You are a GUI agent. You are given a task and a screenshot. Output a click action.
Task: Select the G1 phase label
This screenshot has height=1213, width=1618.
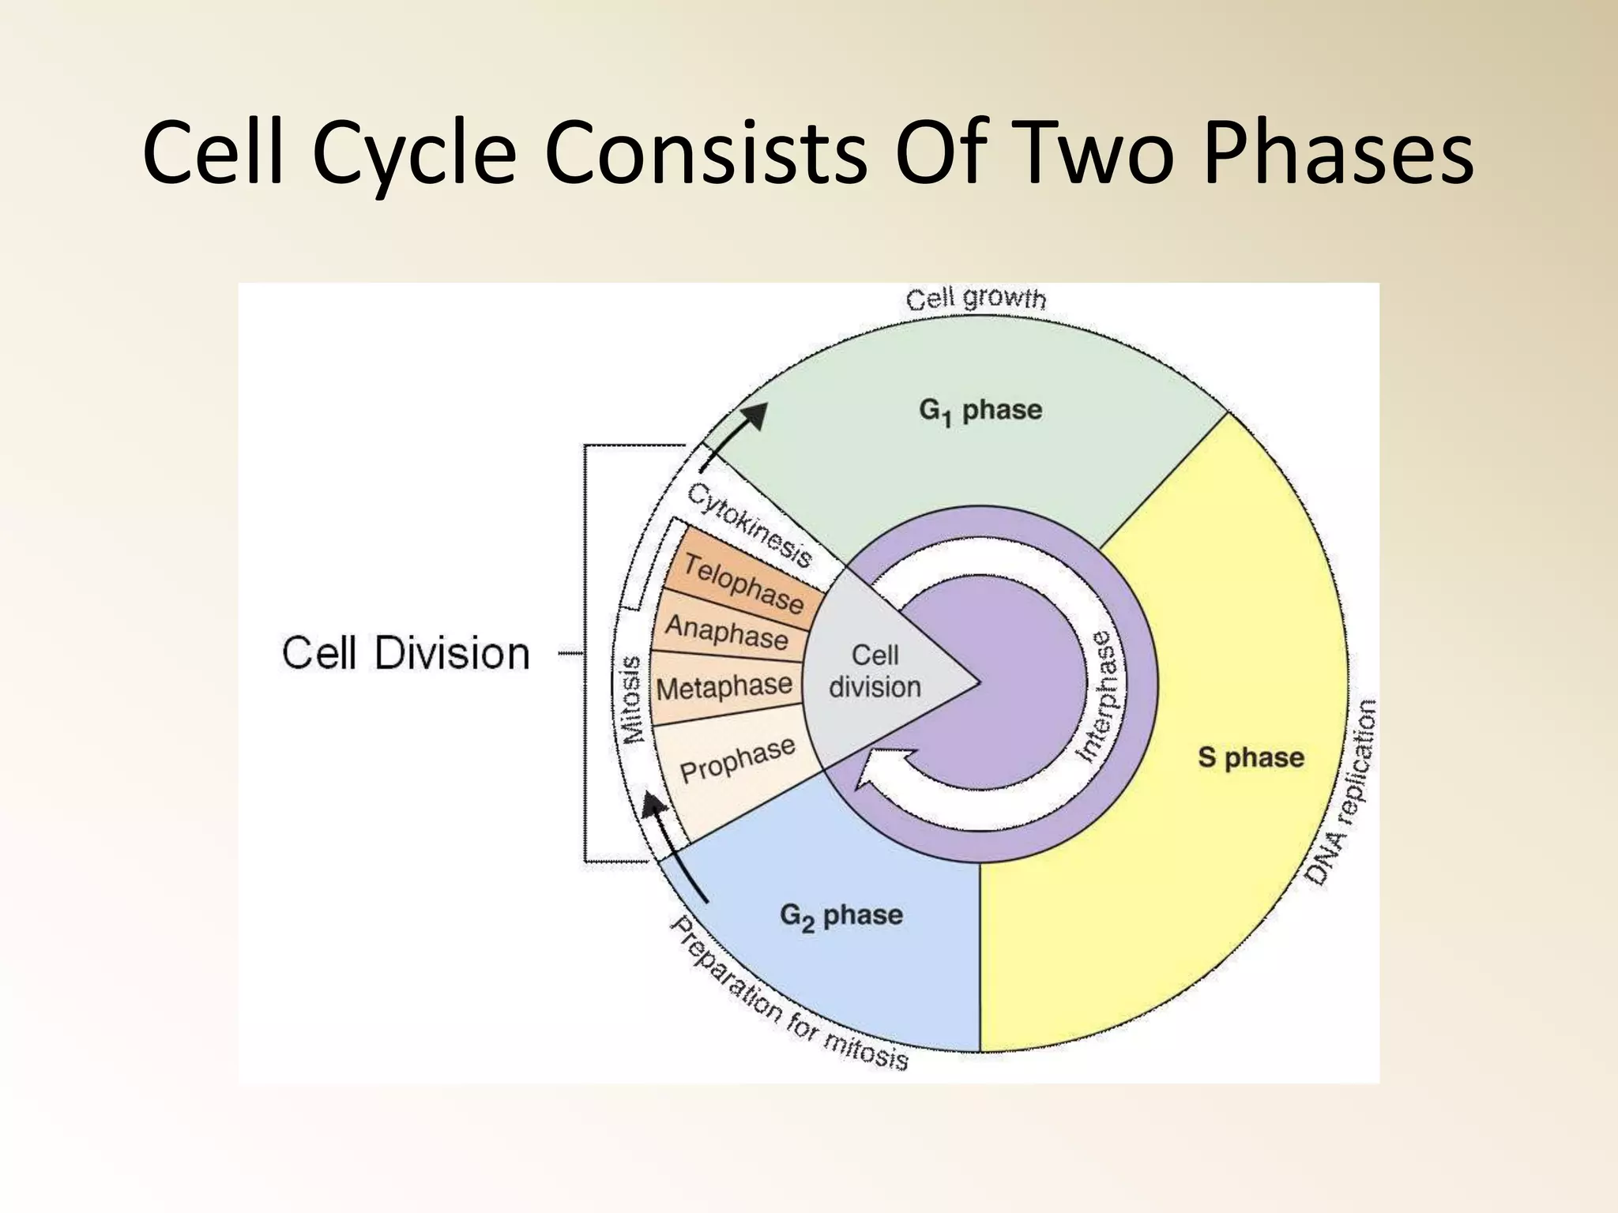click(980, 411)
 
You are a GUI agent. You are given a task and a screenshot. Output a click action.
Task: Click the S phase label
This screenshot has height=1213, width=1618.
click(1251, 757)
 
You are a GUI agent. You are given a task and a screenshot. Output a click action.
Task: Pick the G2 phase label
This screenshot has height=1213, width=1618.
click(841, 916)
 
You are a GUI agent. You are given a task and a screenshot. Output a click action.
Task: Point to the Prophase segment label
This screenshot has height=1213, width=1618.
click(737, 760)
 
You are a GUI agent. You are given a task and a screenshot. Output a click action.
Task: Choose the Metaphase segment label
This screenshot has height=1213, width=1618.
click(724, 687)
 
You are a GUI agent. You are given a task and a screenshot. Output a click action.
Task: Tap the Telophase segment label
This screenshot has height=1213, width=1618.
click(743, 584)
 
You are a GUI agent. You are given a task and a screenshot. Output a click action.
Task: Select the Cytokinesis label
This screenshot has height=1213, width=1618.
click(749, 525)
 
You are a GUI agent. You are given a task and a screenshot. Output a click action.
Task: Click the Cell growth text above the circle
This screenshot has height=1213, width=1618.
click(976, 299)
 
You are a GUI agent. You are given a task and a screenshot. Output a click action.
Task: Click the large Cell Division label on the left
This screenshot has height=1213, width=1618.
click(405, 654)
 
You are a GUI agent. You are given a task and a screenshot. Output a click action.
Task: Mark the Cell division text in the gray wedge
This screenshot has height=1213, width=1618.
click(875, 671)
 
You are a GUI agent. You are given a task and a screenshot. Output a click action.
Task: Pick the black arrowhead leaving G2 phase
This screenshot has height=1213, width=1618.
click(653, 806)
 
